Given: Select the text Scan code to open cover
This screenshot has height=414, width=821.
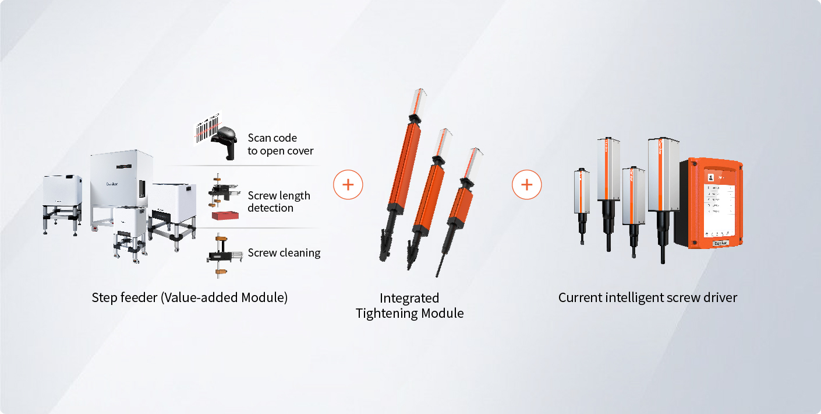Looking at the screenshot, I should pos(281,145).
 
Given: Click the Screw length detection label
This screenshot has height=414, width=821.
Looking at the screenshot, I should pos(279,202).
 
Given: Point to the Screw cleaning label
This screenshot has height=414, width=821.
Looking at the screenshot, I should pos(284,253).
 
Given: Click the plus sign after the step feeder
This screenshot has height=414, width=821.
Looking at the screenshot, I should pos(348,185).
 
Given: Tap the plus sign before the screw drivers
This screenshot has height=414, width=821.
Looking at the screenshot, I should pos(527,185).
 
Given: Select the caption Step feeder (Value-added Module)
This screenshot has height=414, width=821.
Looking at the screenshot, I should pos(190,297).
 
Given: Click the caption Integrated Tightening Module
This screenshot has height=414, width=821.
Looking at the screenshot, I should pos(410,306).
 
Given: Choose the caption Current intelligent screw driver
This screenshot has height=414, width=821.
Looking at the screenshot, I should pos(647,297).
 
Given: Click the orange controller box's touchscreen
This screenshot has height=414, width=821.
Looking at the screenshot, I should pos(720,204).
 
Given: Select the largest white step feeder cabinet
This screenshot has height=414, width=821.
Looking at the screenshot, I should pos(121,181).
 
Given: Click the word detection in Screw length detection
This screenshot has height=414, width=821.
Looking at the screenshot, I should pos(270,208).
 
